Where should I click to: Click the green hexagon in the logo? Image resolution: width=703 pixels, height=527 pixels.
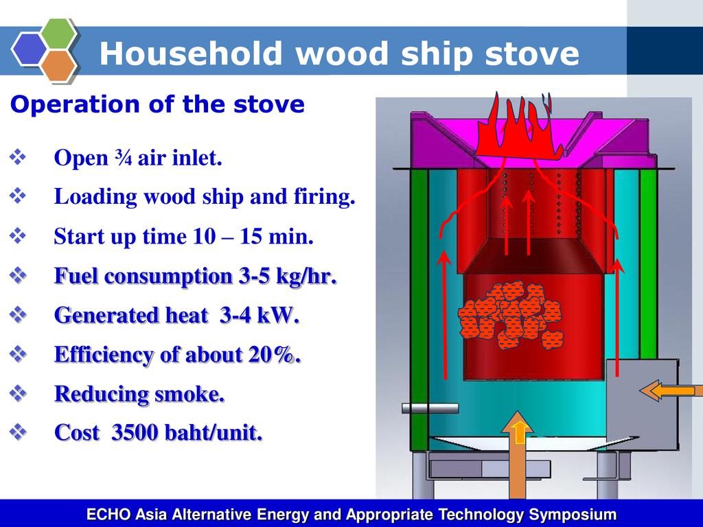click(x=60, y=34)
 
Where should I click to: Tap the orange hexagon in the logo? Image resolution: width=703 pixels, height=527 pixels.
click(x=60, y=66)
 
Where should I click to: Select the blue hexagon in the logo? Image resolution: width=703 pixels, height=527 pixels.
click(x=29, y=49)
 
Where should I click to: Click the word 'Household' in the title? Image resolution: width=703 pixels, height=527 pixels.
click(x=191, y=54)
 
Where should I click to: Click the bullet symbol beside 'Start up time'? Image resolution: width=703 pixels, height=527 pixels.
click(x=17, y=236)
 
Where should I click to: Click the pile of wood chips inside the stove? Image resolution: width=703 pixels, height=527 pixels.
click(x=510, y=316)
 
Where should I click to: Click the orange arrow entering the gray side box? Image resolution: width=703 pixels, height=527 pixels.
click(x=671, y=390)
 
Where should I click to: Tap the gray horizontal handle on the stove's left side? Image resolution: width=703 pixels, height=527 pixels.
click(x=430, y=408)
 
